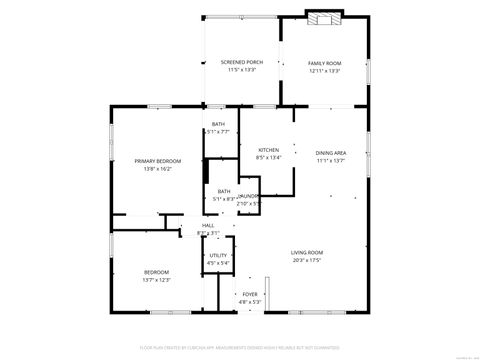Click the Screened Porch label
pos(242,63)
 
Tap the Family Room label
pos(325,63)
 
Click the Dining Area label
pos(331,152)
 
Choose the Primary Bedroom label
pos(158,162)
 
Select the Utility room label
pos(218,256)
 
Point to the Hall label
pos(209,226)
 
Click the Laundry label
pos(248,196)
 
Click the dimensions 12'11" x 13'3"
pos(325,71)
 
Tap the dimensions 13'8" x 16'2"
pos(158,170)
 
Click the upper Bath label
pos(218,124)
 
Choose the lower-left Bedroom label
pos(156,272)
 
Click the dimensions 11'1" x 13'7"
pos(331,160)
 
